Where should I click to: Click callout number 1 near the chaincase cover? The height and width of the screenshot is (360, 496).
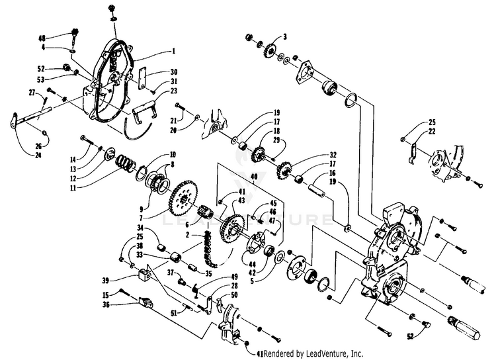tap(173, 51)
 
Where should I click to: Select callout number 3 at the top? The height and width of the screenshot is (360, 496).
tap(285, 36)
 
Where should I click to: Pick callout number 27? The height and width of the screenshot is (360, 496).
tap(31, 93)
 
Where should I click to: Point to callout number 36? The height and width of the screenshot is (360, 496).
tap(124, 304)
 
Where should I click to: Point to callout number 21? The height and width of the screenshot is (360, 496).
tap(173, 121)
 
